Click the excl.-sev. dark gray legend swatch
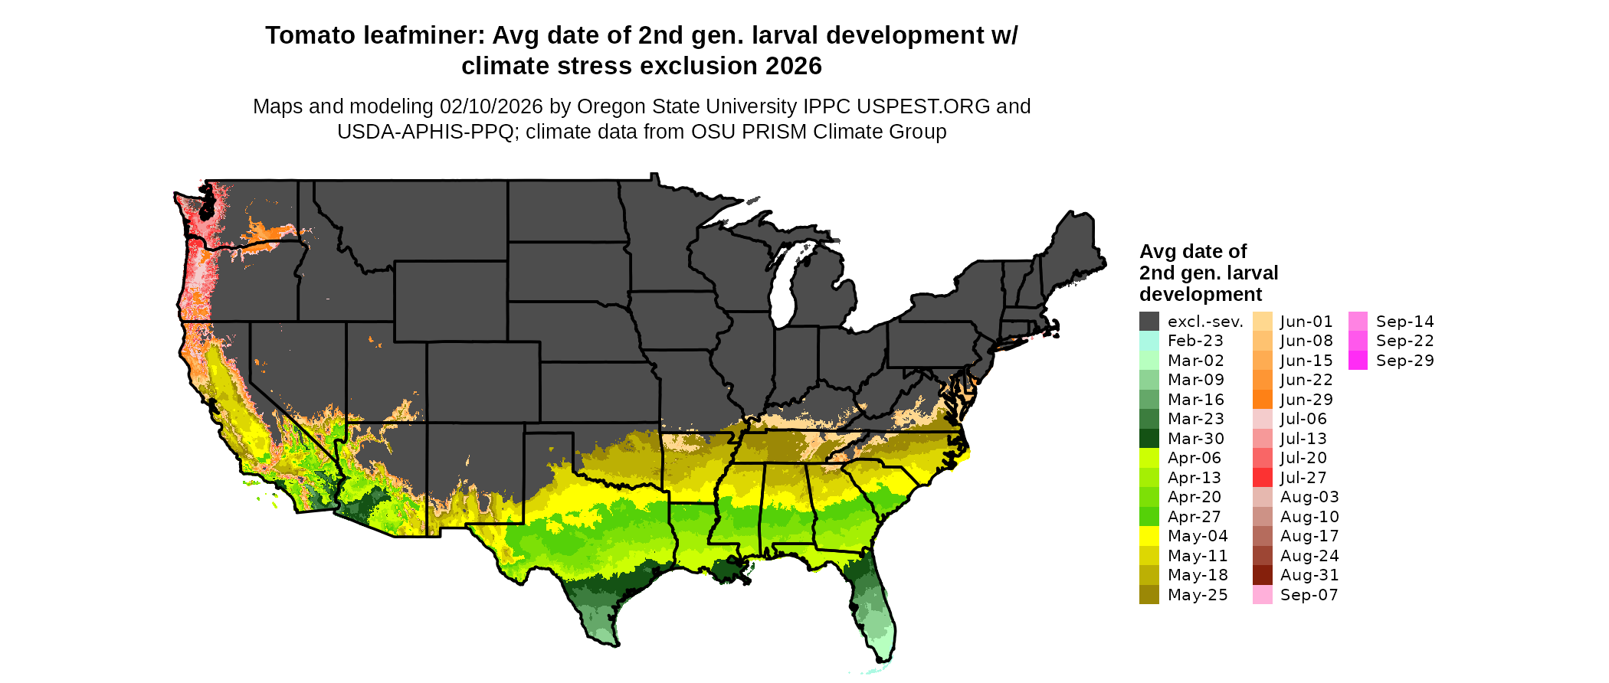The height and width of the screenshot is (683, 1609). click(x=1149, y=322)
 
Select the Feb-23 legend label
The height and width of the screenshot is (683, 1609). click(x=1195, y=341)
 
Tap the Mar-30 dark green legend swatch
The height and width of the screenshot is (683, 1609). click(x=1149, y=439)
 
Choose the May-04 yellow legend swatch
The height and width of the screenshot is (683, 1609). click(x=1149, y=536)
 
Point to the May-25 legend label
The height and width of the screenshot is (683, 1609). click(x=1198, y=595)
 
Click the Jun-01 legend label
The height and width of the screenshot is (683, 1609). click(x=1306, y=322)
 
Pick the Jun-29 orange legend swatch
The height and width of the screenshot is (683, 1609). click(x=1262, y=400)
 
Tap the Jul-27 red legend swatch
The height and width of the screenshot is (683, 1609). click(x=1262, y=478)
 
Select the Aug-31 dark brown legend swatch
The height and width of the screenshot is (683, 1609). click(x=1262, y=575)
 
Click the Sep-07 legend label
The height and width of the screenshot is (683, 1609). click(x=1309, y=595)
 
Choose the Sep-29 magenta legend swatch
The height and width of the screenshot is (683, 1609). click(x=1358, y=361)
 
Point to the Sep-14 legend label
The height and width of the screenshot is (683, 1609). click(x=1404, y=322)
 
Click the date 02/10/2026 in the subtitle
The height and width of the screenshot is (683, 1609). click(x=490, y=106)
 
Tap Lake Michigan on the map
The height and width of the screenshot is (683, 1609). click(x=782, y=295)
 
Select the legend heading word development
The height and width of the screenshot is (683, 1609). click(x=1201, y=295)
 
